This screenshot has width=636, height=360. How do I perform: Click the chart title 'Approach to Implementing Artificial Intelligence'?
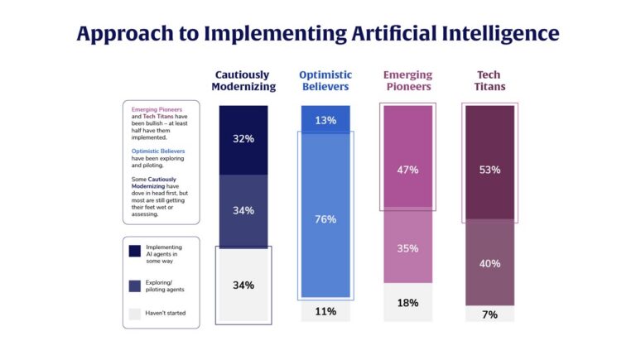click(x=318, y=33)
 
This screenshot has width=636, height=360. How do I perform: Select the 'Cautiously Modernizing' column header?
click(x=243, y=81)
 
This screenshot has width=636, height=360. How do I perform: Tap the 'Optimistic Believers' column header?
click(x=325, y=81)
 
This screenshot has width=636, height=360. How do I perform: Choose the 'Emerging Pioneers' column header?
click(x=407, y=81)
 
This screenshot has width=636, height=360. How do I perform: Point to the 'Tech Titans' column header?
click(x=490, y=81)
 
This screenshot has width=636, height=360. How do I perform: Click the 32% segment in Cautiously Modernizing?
click(x=243, y=139)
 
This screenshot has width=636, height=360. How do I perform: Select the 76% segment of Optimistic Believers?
click(x=325, y=218)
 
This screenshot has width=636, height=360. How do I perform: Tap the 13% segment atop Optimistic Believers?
click(x=325, y=120)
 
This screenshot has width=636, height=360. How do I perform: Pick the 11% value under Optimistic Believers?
click(x=325, y=311)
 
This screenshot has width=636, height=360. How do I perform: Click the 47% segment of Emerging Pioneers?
click(x=407, y=169)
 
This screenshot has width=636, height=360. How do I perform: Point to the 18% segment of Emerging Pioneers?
click(x=407, y=303)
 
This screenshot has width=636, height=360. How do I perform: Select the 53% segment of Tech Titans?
click(x=489, y=169)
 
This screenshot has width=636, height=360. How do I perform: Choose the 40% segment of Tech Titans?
click(x=489, y=264)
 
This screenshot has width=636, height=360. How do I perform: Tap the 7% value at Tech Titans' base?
click(x=489, y=314)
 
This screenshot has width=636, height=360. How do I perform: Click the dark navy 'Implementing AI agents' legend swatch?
click(x=134, y=252)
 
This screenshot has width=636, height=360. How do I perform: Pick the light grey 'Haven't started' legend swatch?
click(x=134, y=312)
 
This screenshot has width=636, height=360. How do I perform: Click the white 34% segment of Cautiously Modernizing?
click(x=243, y=286)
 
